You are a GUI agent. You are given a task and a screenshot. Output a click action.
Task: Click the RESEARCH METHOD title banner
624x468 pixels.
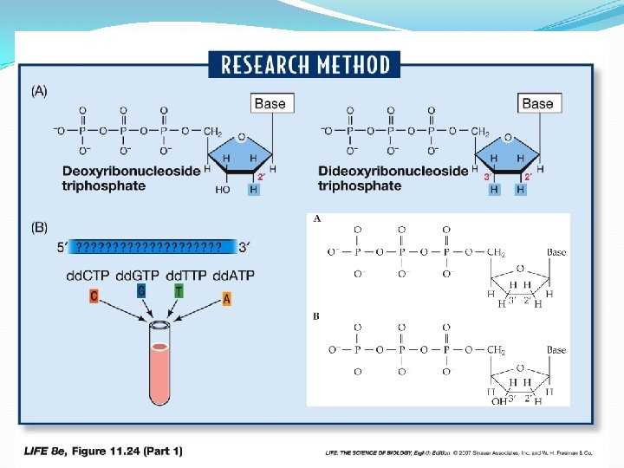click(304, 65)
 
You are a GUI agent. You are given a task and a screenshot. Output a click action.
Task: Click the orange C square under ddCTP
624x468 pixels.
click(94, 296)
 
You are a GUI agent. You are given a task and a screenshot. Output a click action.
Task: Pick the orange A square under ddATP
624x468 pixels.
click(227, 299)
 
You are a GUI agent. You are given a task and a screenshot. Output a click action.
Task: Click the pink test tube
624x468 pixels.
click(160, 364)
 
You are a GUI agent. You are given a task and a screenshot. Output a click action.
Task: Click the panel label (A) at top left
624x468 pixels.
click(40, 91)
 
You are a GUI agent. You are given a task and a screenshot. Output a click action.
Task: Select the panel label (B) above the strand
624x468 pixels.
click(40, 228)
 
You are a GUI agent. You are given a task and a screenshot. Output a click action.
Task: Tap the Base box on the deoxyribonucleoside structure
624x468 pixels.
click(269, 104)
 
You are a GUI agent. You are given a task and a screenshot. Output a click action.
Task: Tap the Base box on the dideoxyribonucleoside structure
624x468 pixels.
click(537, 104)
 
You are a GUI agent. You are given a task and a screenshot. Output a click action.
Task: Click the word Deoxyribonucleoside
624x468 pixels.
click(131, 172)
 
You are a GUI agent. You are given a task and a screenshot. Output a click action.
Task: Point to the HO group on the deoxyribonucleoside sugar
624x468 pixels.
click(222, 189)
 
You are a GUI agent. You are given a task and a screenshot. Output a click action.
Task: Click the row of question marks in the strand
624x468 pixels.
click(147, 247)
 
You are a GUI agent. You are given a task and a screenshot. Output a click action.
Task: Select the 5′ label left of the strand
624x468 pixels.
click(62, 247)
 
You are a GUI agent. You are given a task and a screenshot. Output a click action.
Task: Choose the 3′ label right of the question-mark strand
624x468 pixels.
click(245, 247)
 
